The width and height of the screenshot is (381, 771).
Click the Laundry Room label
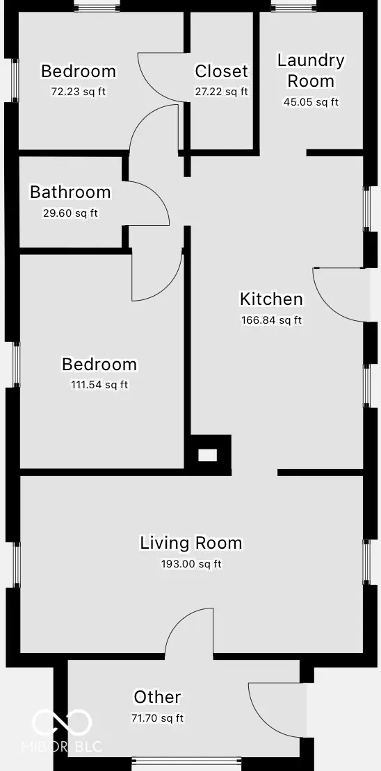click(311, 70)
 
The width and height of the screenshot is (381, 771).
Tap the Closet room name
click(221, 71)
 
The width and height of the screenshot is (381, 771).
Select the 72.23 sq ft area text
click(79, 91)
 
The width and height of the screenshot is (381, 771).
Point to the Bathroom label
click(70, 192)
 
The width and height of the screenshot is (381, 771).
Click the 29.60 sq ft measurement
click(70, 213)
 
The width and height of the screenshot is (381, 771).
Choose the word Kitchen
click(271, 299)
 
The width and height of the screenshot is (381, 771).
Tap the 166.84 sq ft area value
click(271, 320)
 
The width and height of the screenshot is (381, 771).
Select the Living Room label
click(191, 542)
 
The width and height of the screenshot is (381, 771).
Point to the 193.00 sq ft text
click(191, 564)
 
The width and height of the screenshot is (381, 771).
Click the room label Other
click(158, 697)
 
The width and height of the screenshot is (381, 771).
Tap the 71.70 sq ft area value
click(158, 718)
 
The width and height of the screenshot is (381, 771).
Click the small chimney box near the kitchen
click(208, 456)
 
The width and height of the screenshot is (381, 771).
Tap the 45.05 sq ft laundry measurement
click(311, 102)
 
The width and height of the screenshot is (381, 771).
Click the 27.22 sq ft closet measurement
click(221, 91)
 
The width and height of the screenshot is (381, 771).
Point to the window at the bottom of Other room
click(186, 761)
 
